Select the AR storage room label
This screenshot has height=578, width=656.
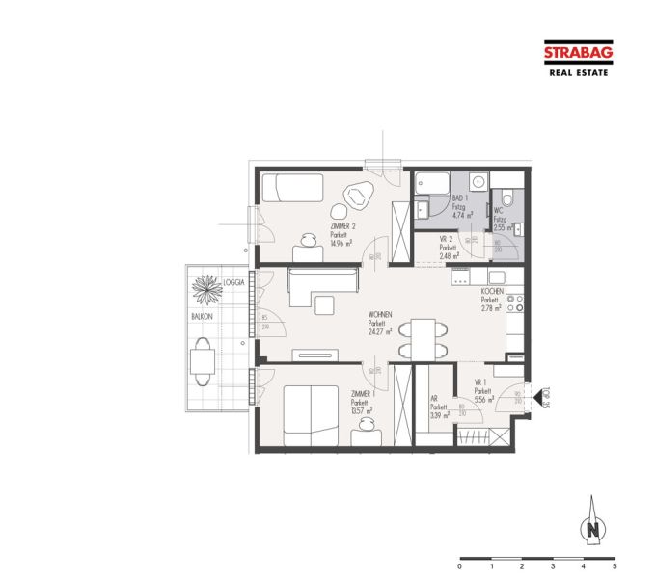click(x=437, y=406)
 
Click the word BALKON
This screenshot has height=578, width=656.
click(x=201, y=315)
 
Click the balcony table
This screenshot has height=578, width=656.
click(x=203, y=360)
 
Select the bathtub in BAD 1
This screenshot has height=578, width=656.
click(x=430, y=182)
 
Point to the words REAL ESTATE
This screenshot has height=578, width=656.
click(x=578, y=72)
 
